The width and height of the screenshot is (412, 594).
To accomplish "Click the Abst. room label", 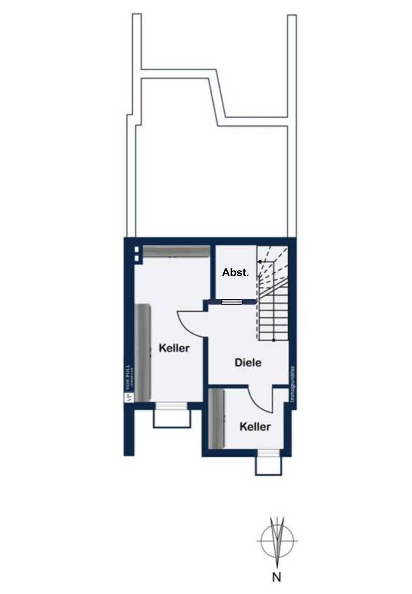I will (x=235, y=273).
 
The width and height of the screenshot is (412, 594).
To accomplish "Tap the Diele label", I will (x=248, y=363).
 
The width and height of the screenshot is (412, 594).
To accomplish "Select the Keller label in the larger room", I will (x=174, y=348).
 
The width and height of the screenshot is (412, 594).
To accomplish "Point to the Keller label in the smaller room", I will (x=255, y=426).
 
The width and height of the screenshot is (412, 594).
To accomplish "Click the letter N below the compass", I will (x=277, y=577).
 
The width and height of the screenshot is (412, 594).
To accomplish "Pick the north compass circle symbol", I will (x=277, y=541).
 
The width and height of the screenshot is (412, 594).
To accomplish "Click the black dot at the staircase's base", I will (x=273, y=340).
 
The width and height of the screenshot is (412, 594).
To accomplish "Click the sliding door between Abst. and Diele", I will (x=232, y=302).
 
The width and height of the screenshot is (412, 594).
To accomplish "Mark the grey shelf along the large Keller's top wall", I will (x=176, y=251).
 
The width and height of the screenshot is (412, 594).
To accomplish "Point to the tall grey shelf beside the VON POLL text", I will (x=142, y=352).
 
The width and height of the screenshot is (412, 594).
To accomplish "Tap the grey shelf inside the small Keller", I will (x=216, y=418).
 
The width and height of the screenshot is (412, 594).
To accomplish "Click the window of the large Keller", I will (x=171, y=406).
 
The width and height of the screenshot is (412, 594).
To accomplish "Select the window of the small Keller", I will (x=268, y=453).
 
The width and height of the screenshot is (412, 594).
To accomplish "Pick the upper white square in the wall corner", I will (x=137, y=250).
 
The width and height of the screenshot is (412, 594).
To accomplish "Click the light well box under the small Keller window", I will (x=268, y=466).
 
